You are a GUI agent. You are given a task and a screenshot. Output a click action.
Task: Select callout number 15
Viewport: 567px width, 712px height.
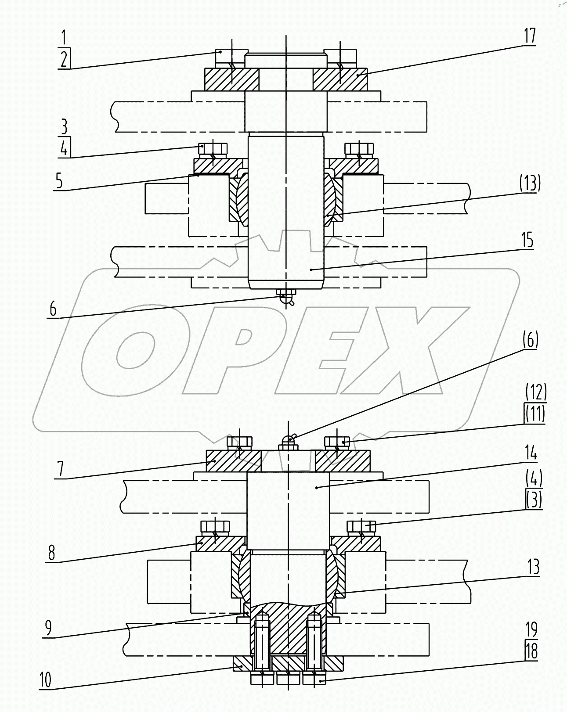pyautogui.click(x=527, y=240)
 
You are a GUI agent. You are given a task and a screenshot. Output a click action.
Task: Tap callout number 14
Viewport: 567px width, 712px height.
pyautogui.click(x=531, y=453)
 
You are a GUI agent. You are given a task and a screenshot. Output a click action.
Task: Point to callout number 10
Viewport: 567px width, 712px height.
pyautogui.click(x=45, y=680)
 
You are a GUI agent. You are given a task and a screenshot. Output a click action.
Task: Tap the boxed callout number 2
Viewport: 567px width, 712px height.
pyautogui.click(x=64, y=59)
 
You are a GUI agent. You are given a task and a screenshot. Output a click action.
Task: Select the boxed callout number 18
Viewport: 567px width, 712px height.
pyautogui.click(x=531, y=651)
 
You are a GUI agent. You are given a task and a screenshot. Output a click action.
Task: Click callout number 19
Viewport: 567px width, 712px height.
pyautogui.click(x=531, y=630)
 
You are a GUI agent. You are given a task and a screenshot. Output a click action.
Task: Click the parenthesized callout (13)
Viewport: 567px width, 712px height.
pyautogui.click(x=530, y=183)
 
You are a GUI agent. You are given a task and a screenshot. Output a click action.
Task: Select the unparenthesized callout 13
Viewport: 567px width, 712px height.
pyautogui.click(x=533, y=568)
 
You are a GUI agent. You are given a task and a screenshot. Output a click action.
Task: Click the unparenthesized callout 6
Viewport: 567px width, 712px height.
pyautogui.click(x=53, y=309)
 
